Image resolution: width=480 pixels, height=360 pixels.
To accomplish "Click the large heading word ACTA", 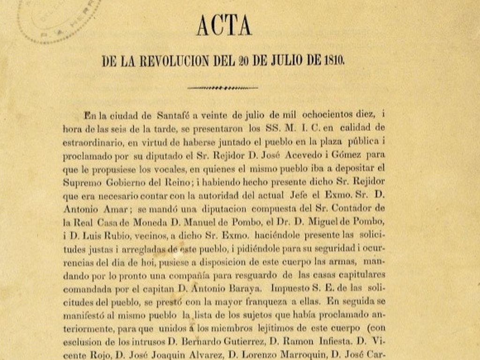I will pos(224,26).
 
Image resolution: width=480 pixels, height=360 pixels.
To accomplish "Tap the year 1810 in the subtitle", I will pos(334,61).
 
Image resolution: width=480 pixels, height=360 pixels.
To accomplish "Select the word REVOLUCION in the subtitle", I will pos(171,61).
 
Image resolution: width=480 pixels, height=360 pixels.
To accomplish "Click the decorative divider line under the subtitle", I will pos(223,87).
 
